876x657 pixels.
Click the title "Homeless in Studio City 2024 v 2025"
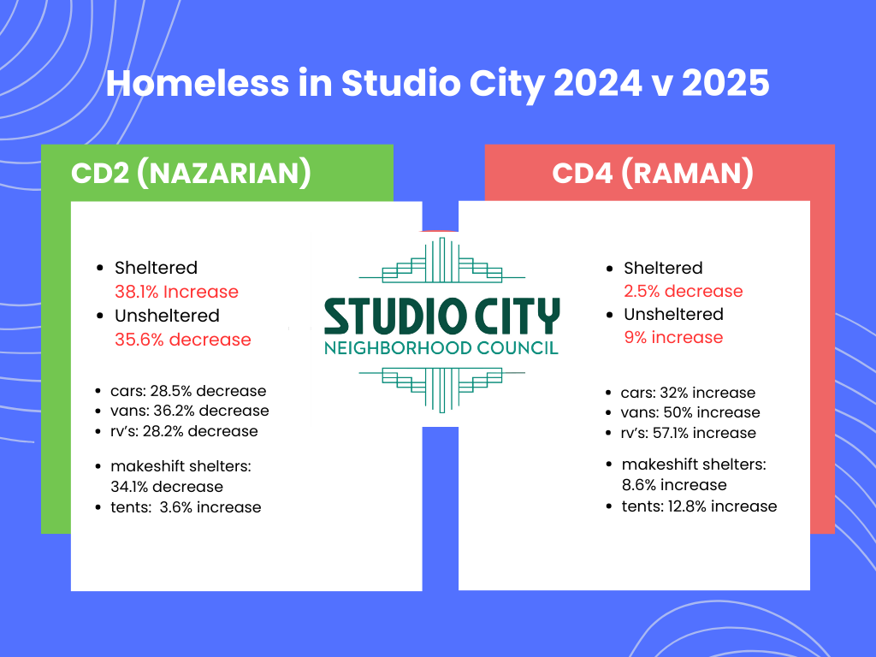[x=437, y=84]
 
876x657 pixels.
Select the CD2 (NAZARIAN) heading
[x=190, y=173]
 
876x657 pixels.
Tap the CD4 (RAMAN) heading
[x=653, y=173]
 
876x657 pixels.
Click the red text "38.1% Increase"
[x=176, y=292]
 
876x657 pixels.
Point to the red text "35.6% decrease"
[x=183, y=340]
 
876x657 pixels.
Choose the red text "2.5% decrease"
[x=683, y=291]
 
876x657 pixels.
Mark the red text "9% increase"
[x=673, y=337]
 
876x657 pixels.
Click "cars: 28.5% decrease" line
[x=188, y=391]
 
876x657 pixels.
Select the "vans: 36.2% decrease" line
[x=189, y=411]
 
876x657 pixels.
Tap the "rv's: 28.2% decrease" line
[x=184, y=430]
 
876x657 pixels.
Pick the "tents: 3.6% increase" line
[x=186, y=507]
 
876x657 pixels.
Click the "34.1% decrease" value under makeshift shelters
[x=166, y=487]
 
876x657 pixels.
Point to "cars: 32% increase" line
[x=688, y=393]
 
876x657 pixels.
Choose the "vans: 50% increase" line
[x=690, y=412]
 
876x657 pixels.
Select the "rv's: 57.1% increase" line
[x=689, y=433]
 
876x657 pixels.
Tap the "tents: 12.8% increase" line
[x=699, y=506]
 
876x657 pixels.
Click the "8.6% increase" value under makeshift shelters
[x=674, y=485]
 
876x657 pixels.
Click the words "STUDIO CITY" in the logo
[x=441, y=317]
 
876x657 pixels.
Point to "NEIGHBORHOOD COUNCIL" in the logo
[x=441, y=348]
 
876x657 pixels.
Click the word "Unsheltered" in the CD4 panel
[x=673, y=314]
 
